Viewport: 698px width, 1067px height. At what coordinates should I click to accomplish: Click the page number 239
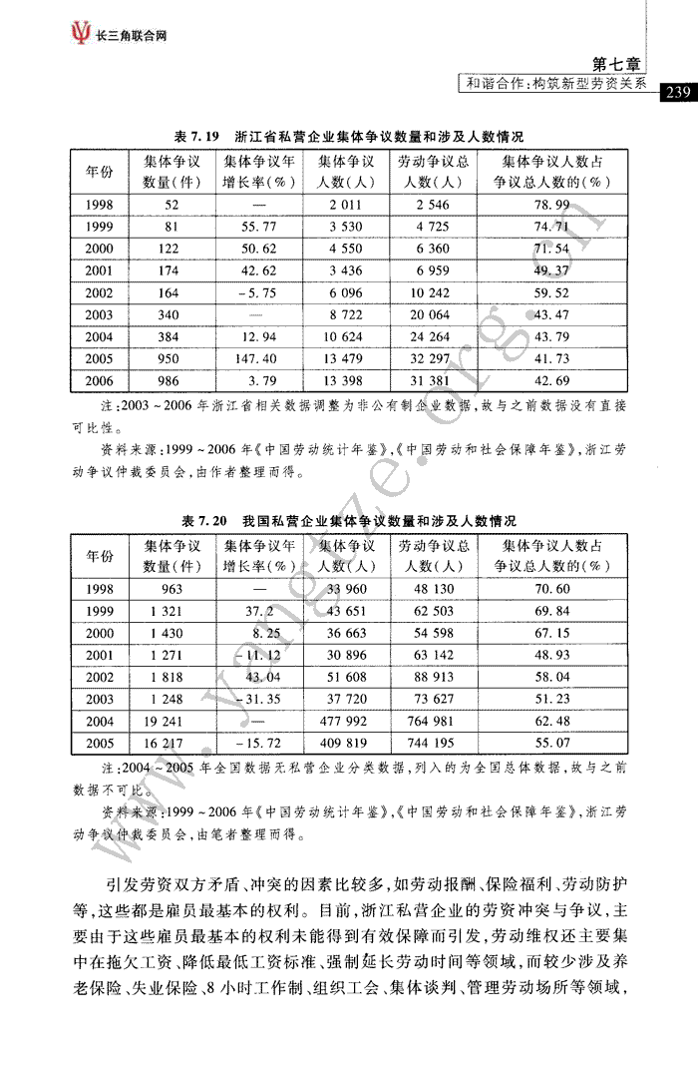(x=677, y=93)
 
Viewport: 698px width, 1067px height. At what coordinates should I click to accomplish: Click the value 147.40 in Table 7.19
(x=258, y=358)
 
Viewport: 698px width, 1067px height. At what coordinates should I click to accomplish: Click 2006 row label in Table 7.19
(x=100, y=380)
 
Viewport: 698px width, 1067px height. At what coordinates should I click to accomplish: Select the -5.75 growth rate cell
(x=258, y=292)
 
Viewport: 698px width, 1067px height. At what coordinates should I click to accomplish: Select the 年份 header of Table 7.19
(x=100, y=171)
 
